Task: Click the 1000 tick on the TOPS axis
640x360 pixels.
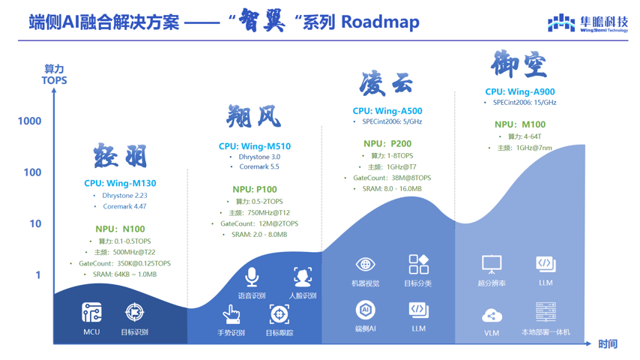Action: click(x=29, y=121)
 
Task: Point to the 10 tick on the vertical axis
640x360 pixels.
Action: click(x=34, y=223)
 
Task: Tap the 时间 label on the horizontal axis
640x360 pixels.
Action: click(x=608, y=344)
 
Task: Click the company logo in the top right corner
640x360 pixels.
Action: click(x=587, y=23)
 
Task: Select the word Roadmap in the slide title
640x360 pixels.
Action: click(x=380, y=22)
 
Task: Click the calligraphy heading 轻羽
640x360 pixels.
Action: click(x=120, y=157)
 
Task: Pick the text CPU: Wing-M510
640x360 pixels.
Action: click(x=255, y=146)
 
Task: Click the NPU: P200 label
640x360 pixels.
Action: click(x=387, y=143)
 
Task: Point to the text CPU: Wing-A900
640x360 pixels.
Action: click(x=520, y=92)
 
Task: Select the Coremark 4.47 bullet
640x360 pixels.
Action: click(x=124, y=206)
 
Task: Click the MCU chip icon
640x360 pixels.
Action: click(x=91, y=312)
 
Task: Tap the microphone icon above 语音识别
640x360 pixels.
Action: click(x=252, y=276)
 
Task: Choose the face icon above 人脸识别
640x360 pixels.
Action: click(x=302, y=276)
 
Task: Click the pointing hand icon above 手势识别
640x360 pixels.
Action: click(x=232, y=313)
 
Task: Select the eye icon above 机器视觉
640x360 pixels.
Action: click(x=365, y=264)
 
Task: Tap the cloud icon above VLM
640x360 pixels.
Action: click(x=492, y=315)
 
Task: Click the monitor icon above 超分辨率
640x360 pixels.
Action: click(x=492, y=264)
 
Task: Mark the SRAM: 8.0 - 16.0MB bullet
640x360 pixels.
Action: click(x=390, y=189)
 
